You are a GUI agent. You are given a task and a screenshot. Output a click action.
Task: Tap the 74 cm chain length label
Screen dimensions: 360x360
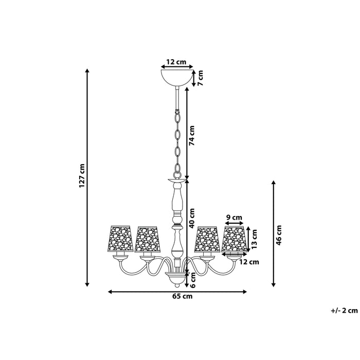[191, 135]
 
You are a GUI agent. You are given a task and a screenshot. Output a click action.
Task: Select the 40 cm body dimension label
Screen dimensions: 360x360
[191, 218]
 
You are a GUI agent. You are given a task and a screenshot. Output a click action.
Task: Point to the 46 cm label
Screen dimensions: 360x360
[279, 235]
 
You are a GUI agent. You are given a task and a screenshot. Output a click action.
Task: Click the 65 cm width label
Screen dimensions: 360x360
[183, 296]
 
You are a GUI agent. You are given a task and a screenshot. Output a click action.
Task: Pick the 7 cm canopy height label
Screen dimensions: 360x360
[201, 78]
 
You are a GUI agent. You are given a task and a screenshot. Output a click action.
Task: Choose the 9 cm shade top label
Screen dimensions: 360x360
[234, 217]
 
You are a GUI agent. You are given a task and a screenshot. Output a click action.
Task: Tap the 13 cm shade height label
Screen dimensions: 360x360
[254, 239]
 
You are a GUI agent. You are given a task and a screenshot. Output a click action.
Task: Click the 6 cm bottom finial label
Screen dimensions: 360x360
[193, 280]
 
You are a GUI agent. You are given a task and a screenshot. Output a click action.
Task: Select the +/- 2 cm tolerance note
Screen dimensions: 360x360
[344, 311]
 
